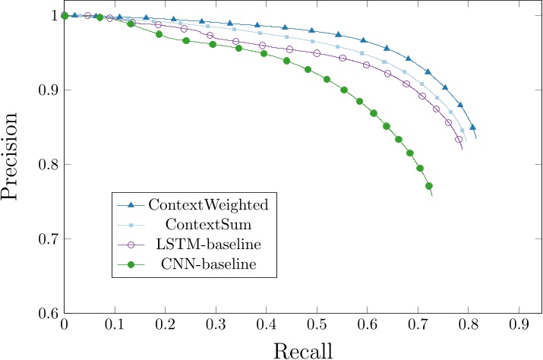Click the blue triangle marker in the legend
point(131,205)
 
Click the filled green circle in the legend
point(131,264)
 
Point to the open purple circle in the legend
point(131,245)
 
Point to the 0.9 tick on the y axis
point(47,90)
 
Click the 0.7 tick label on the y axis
point(47,239)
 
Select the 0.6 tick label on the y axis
point(47,314)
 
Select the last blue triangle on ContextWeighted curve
point(472,128)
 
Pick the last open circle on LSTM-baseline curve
point(459,140)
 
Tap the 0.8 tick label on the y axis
point(47,164)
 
